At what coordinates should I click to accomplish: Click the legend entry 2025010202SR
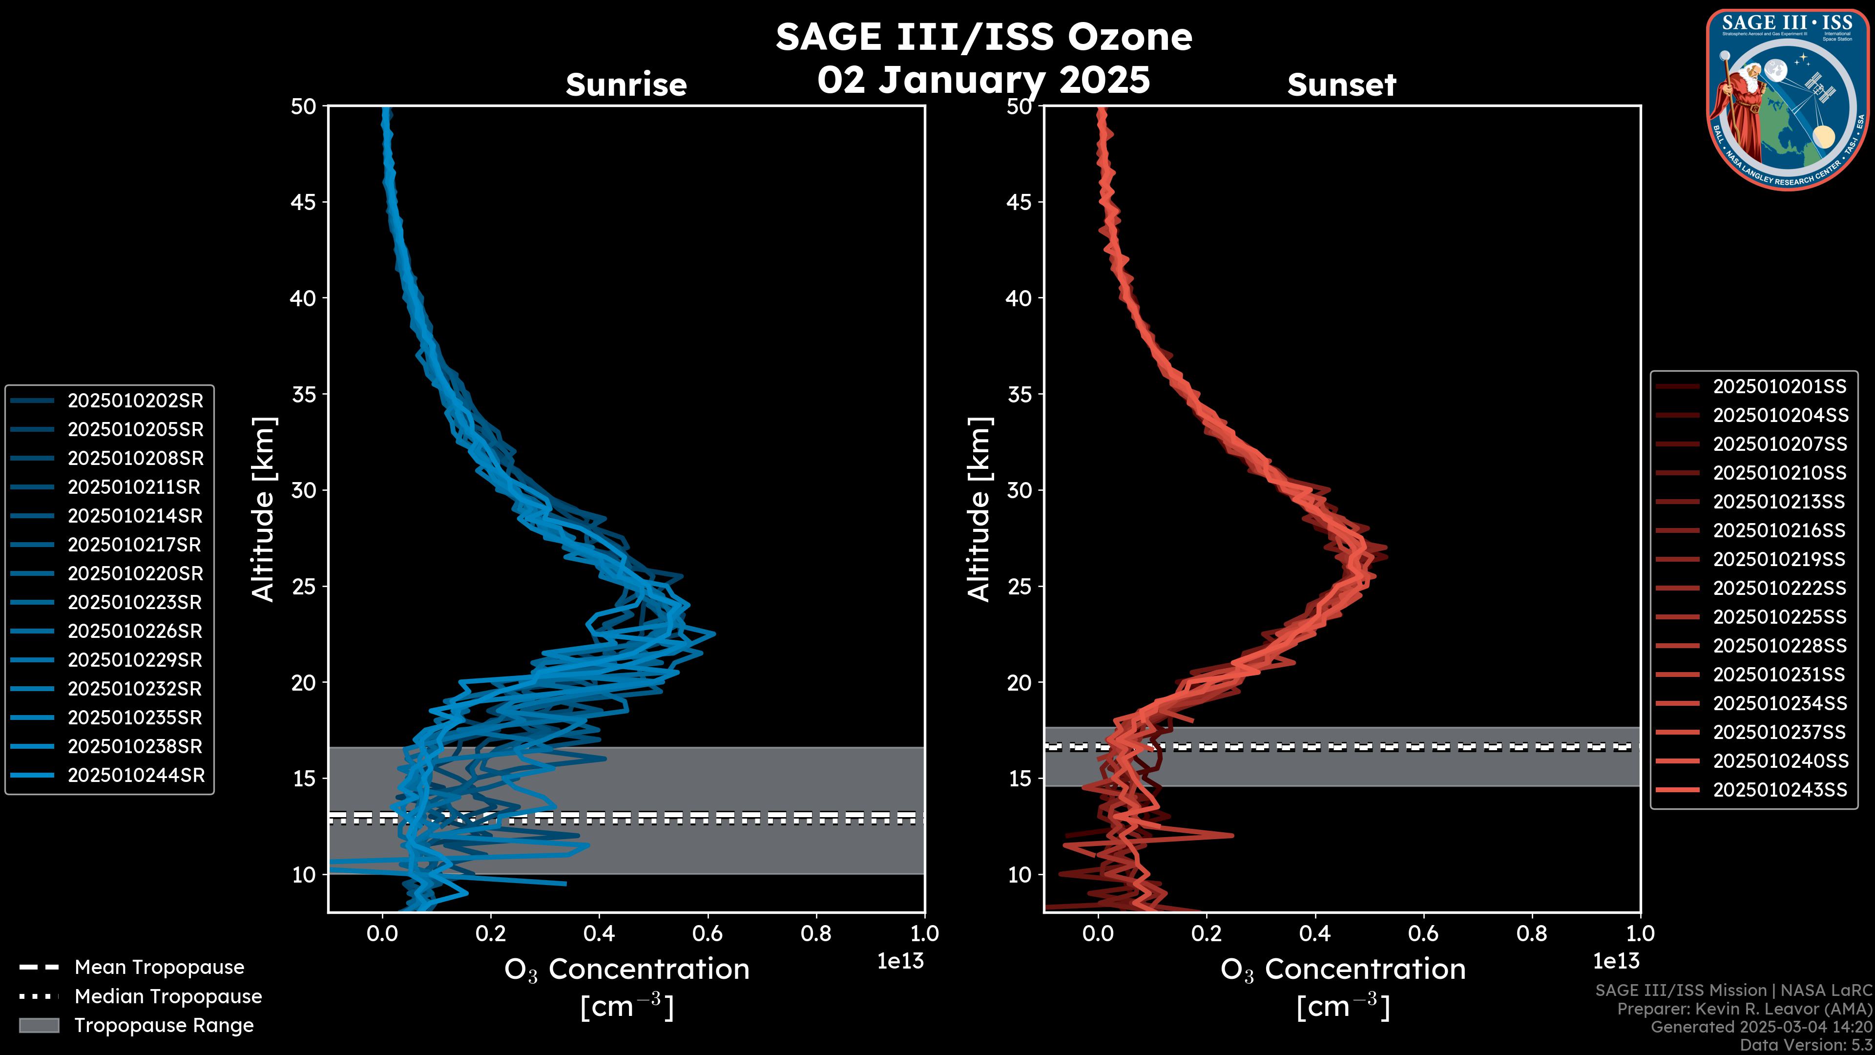[135, 401]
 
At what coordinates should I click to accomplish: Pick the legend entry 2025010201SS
[1780, 387]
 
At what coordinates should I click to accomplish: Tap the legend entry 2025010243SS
[1780, 790]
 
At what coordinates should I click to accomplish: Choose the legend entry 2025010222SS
[1780, 588]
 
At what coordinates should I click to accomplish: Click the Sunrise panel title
[626, 85]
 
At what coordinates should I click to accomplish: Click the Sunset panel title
[1341, 85]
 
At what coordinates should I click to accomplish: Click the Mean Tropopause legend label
[159, 968]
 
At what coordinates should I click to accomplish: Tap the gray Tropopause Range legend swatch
[39, 1025]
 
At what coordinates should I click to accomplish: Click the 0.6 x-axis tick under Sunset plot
[1423, 933]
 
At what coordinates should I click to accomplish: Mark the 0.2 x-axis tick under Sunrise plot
[491, 933]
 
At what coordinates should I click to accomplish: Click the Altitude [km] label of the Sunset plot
[979, 509]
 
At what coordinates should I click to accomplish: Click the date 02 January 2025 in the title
[983, 80]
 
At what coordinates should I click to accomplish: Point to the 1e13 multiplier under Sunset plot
[1616, 962]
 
